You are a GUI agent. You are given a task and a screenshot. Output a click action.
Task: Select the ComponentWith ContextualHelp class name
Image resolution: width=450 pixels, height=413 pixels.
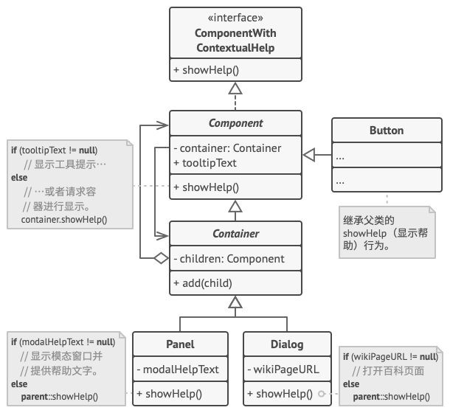coord(235,41)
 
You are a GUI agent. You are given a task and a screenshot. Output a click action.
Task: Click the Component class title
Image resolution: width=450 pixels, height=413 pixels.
coord(235,123)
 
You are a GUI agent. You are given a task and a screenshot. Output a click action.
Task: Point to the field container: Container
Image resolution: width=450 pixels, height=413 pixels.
coord(227,148)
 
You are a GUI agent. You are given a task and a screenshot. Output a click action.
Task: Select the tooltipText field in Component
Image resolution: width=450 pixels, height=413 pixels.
coord(205,163)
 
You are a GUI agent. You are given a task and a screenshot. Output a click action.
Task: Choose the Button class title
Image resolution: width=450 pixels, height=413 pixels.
coord(386,131)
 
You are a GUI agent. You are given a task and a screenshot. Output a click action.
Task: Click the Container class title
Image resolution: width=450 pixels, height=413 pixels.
coord(235,234)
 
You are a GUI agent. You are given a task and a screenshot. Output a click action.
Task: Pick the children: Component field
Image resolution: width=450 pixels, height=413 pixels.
coord(228,259)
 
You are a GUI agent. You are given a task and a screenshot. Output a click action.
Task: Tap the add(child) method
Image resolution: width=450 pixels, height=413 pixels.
coord(203,283)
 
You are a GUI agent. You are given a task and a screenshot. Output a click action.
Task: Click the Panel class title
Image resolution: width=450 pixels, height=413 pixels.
coord(181,344)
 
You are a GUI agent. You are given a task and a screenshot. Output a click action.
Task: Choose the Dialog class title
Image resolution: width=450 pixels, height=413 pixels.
coord(287,344)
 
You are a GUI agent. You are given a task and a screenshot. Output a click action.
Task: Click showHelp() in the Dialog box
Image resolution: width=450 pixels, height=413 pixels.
coord(279,394)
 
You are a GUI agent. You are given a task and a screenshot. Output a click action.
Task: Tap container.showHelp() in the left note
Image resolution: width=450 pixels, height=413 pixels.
coord(64,219)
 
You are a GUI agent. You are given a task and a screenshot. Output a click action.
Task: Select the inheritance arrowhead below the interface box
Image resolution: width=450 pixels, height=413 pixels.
coord(235,88)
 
